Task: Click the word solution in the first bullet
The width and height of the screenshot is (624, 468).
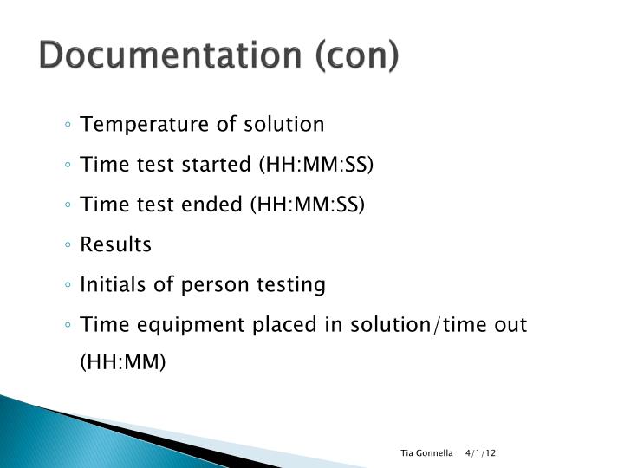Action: coord(286,124)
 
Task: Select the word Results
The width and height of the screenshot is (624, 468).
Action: coord(115,244)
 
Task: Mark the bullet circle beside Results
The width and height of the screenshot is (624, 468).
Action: coord(68,245)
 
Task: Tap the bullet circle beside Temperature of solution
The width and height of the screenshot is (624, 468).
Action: coord(68,125)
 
